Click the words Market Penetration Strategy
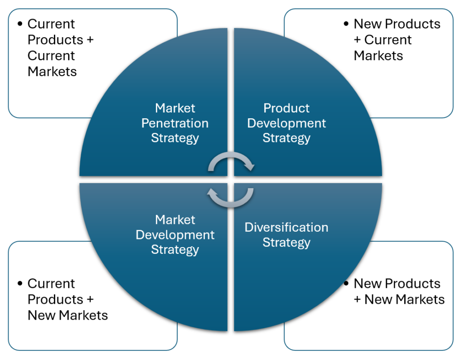point(175,123)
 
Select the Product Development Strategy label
point(286,123)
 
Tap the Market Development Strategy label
point(175,234)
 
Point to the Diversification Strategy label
point(286,234)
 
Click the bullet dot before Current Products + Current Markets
point(20,24)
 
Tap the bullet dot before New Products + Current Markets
point(346,24)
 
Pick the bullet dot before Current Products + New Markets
point(20,283)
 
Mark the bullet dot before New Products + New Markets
point(346,283)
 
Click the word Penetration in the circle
point(175,123)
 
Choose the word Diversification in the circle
point(286,227)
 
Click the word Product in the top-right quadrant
point(286,108)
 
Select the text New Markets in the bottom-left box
point(68,315)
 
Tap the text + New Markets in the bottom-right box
point(399,299)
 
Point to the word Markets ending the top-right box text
point(378,56)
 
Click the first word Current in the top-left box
point(51,24)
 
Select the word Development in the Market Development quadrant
point(175,235)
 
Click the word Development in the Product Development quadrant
point(286,123)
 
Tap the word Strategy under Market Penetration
point(175,138)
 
